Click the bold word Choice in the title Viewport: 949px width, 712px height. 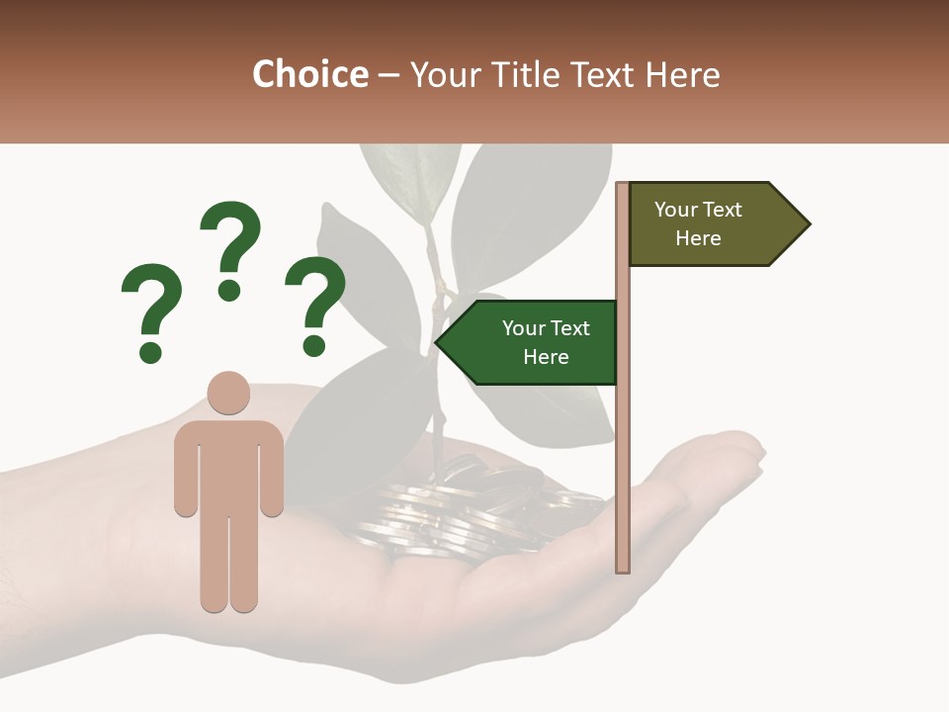tap(309, 75)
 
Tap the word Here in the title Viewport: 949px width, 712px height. tap(681, 75)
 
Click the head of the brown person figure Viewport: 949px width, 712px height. tap(228, 393)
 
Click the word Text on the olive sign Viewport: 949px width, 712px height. tap(723, 210)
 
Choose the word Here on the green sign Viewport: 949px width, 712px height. tap(546, 357)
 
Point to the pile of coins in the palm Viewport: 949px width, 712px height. tap(465, 509)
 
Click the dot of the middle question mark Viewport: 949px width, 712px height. tap(229, 290)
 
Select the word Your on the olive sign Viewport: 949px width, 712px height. tap(676, 210)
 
